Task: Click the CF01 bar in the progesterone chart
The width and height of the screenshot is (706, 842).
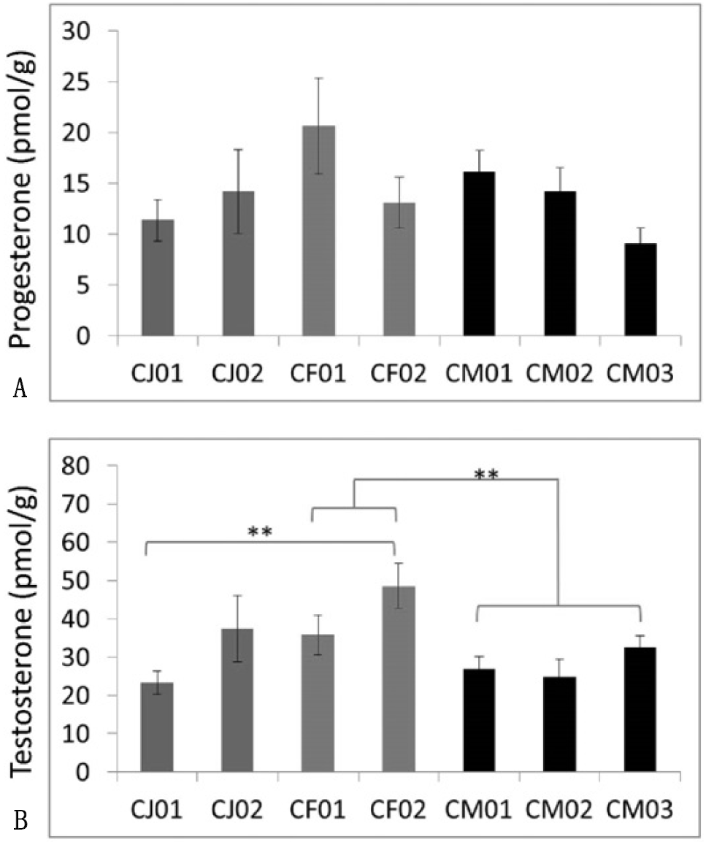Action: point(318,231)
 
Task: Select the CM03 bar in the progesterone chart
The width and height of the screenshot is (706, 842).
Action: point(640,290)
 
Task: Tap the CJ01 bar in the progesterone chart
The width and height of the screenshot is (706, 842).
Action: point(158,278)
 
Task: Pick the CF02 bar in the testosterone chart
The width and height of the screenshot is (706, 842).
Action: point(399,679)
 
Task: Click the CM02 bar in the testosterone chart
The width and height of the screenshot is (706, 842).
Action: point(560,724)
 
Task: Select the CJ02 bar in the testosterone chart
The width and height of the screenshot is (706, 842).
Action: point(237,700)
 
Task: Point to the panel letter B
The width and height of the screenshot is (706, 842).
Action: point(20,820)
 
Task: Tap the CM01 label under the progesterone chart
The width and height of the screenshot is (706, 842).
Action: point(479,373)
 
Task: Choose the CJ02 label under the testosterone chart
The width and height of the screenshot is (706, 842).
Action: point(237,809)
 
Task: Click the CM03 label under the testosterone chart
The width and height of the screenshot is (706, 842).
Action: point(640,809)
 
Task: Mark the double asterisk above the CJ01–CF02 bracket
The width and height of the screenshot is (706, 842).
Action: point(260,532)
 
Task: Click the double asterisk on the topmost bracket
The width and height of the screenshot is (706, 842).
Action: point(487,475)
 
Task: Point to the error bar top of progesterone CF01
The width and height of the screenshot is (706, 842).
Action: point(318,78)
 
